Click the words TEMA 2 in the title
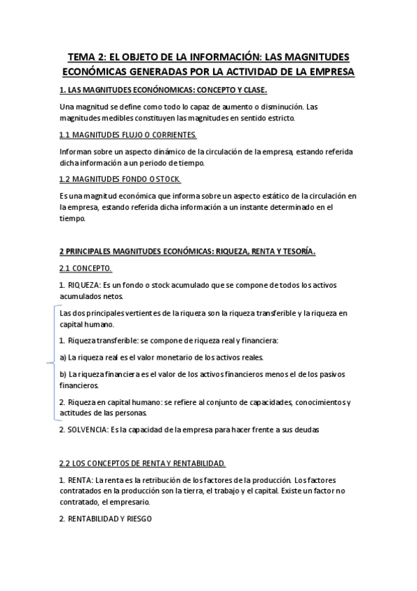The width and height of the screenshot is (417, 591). click(x=86, y=56)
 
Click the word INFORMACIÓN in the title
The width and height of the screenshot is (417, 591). click(x=228, y=56)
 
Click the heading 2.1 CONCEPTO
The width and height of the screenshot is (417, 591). click(x=86, y=268)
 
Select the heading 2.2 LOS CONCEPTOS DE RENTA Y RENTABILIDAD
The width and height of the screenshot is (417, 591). click(x=143, y=463)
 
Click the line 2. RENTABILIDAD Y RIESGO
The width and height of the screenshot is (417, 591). click(x=106, y=519)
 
